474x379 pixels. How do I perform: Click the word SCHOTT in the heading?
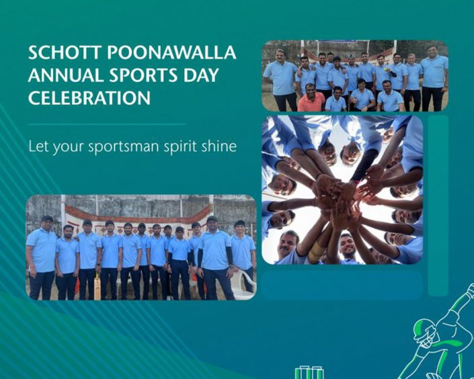[x=65, y=53]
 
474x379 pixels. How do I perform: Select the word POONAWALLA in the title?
[x=171, y=53]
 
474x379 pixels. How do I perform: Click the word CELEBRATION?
[x=89, y=97]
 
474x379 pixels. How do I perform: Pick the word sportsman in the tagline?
[x=123, y=147]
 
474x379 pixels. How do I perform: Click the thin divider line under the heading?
[x=107, y=124]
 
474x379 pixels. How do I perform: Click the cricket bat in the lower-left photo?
[x=97, y=285]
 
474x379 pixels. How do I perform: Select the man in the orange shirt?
[x=311, y=97]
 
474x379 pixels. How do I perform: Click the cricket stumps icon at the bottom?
[x=309, y=372]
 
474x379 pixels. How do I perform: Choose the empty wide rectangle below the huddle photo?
[x=342, y=285]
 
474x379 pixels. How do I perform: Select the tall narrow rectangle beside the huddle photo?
[x=438, y=206]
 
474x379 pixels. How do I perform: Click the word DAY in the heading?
[x=201, y=75]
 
